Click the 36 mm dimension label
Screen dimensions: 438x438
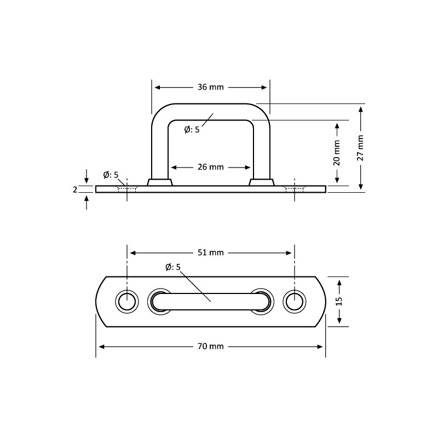pos(210,87)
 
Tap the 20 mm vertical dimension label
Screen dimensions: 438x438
pos(337,153)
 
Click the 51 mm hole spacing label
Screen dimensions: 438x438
pos(210,252)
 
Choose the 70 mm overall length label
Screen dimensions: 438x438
pos(210,346)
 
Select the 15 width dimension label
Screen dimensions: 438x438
pos(339,301)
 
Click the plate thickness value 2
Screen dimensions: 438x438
pos(75,189)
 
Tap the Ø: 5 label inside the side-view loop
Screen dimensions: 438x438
pos(192,129)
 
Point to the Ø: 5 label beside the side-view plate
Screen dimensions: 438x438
pos(111,175)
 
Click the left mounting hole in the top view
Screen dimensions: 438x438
pos(127,302)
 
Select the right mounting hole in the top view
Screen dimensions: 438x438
pos(295,302)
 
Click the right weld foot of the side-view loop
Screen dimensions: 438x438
pos(262,182)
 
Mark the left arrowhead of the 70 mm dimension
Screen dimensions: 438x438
pos(100,346)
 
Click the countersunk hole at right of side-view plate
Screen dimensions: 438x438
pos(295,189)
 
